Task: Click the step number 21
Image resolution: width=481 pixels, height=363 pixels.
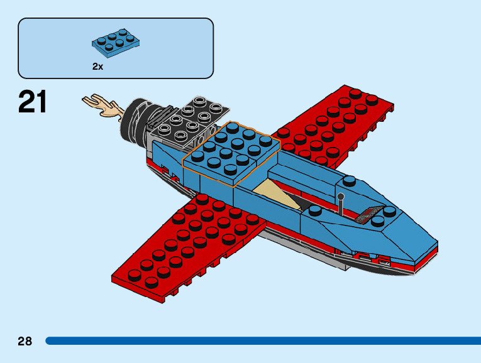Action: [33, 102]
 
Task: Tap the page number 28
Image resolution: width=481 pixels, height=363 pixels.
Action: [25, 341]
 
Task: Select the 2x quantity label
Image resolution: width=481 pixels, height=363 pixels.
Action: [97, 66]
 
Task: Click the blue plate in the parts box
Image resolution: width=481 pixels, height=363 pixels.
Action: [116, 42]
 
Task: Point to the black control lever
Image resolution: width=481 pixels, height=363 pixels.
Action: [341, 203]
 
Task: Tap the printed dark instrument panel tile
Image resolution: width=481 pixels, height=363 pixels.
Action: [368, 214]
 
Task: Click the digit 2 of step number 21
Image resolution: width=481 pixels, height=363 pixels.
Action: [25, 102]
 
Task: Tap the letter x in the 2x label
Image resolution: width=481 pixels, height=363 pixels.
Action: [100, 66]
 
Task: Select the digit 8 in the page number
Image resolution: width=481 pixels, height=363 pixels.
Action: [28, 341]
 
